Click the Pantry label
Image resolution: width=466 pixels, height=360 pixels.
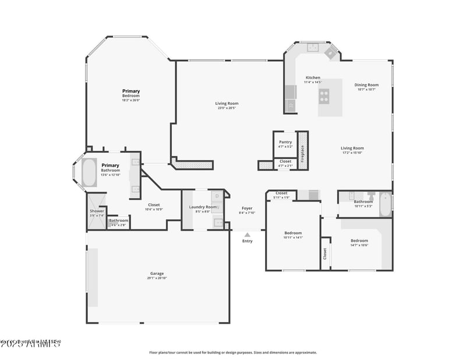(x=285, y=142)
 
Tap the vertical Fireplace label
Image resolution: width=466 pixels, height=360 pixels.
(x=302, y=151)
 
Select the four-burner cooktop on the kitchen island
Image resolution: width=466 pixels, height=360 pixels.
(x=324, y=96)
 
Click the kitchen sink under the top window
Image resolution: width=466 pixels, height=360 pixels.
(x=312, y=47)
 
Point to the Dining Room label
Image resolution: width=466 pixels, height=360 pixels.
(x=366, y=85)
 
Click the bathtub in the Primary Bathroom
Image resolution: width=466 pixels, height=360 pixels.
(x=90, y=172)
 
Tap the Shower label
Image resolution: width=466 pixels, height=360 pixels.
(x=97, y=211)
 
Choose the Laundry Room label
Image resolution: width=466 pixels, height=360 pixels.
(x=203, y=207)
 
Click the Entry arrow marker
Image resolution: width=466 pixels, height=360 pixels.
(x=248, y=235)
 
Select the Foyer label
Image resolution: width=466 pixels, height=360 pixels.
(x=248, y=208)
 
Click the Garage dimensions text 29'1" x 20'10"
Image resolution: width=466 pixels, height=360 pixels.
(x=157, y=278)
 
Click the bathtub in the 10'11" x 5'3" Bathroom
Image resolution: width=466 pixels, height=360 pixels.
(x=385, y=204)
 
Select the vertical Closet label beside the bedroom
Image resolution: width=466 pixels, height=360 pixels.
(x=325, y=254)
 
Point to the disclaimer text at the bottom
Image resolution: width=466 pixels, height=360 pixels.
(x=233, y=352)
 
